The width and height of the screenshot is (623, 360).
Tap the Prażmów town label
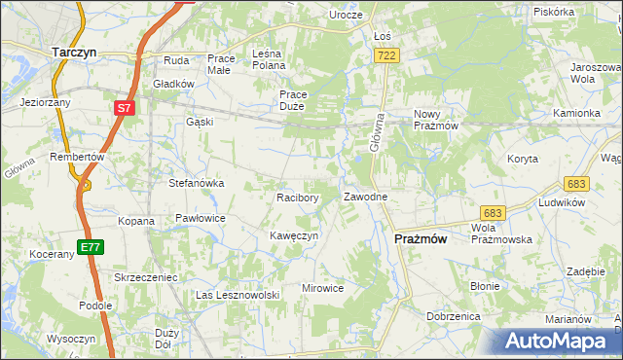[x=421, y=238]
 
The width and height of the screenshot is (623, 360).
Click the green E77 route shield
[x=91, y=247]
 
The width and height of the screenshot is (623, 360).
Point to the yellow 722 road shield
[x=385, y=57]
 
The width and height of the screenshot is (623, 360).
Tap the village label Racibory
[x=298, y=198]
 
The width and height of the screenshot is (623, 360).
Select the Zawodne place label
[x=367, y=197]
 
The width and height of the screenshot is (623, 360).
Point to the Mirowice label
[x=323, y=288]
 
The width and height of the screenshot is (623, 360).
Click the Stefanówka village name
[x=198, y=182]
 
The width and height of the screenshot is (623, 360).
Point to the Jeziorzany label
[x=45, y=101]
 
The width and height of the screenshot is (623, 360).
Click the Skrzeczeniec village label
[x=145, y=277]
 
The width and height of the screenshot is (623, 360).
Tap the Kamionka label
[x=577, y=113]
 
